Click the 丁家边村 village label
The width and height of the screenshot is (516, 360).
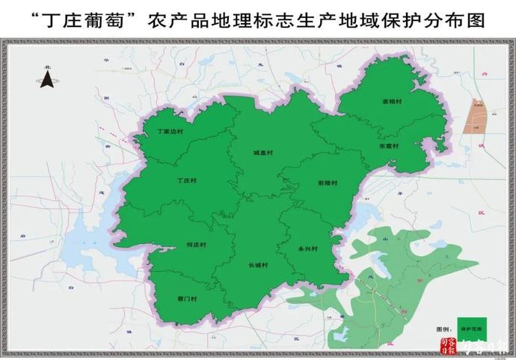point(169,131)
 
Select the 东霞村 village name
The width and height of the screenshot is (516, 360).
point(389,146)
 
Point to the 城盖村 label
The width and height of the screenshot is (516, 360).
point(263,152)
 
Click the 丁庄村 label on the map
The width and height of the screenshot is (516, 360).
point(188,180)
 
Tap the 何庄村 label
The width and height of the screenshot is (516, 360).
point(195,245)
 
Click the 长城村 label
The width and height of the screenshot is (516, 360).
point(258,265)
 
